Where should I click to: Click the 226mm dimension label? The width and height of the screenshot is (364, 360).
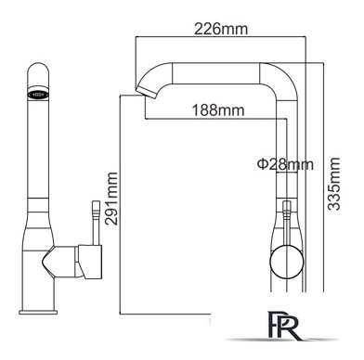(221, 29)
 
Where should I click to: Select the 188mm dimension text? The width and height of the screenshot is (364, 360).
(218, 109)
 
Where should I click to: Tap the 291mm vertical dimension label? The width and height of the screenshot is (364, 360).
(111, 199)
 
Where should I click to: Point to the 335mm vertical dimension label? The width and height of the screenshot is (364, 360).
(333, 184)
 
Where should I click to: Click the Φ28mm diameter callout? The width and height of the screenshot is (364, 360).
(285, 164)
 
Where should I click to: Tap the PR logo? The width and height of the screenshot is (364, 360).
(284, 326)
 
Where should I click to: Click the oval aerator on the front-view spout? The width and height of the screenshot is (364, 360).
(38, 94)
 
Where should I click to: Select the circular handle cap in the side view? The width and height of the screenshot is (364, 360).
(287, 262)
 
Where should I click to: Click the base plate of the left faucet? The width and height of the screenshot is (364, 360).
(38, 312)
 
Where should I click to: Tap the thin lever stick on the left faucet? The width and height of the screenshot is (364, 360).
(96, 223)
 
